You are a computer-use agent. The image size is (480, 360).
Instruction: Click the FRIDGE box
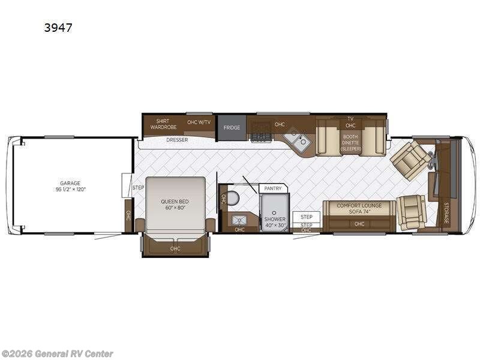(232, 128)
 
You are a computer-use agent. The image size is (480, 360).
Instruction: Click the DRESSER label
(177, 140)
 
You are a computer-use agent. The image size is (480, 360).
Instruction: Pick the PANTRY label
(273, 188)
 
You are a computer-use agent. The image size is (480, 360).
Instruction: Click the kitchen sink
(296, 142)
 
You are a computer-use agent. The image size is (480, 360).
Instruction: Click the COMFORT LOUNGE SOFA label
(359, 208)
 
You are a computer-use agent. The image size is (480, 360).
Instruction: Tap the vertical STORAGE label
(446, 212)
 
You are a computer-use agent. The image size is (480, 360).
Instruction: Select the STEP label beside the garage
(138, 188)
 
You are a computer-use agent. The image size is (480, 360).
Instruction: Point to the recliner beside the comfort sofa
(412, 212)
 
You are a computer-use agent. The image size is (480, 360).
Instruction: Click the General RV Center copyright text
(58, 354)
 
